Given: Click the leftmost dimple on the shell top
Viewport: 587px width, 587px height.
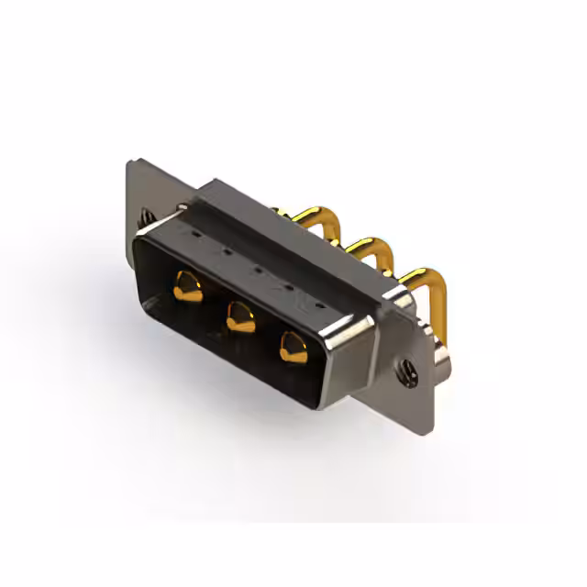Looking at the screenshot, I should [194, 236].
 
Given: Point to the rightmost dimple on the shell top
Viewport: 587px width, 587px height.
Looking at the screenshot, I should [319, 302].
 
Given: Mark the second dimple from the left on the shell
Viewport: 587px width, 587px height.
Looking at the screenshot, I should [225, 252].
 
